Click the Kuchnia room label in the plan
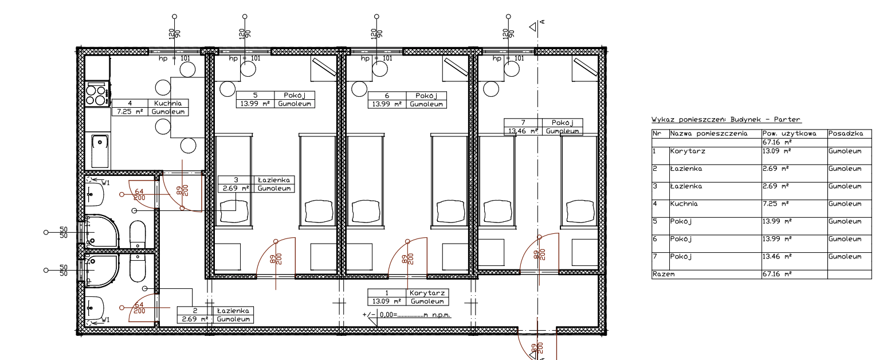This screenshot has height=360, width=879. pyautogui.click(x=167, y=103)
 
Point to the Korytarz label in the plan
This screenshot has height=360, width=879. pyautogui.click(x=427, y=293)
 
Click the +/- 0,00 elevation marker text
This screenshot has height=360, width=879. pyautogui.click(x=407, y=315)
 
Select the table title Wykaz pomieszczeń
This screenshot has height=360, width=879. pyautogui.click(x=726, y=119)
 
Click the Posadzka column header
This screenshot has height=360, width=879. pyautogui.click(x=846, y=134)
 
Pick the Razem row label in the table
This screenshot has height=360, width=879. pyautogui.click(x=664, y=274)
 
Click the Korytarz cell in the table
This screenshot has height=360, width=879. pyautogui.click(x=688, y=151)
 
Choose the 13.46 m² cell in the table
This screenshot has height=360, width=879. pyautogui.click(x=777, y=256)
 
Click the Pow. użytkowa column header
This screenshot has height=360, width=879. pyautogui.click(x=789, y=134)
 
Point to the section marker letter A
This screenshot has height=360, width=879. pyautogui.click(x=542, y=22)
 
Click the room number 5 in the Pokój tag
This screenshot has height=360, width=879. pyautogui.click(x=255, y=95)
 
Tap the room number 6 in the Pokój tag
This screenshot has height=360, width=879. pyautogui.click(x=387, y=95)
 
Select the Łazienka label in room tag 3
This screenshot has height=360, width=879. pyautogui.click(x=274, y=180)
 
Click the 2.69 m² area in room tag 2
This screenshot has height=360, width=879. pyautogui.click(x=195, y=319)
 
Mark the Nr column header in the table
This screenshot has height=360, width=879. pyautogui.click(x=657, y=134)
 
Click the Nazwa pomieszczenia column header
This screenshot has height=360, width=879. pyautogui.click(x=709, y=134)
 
